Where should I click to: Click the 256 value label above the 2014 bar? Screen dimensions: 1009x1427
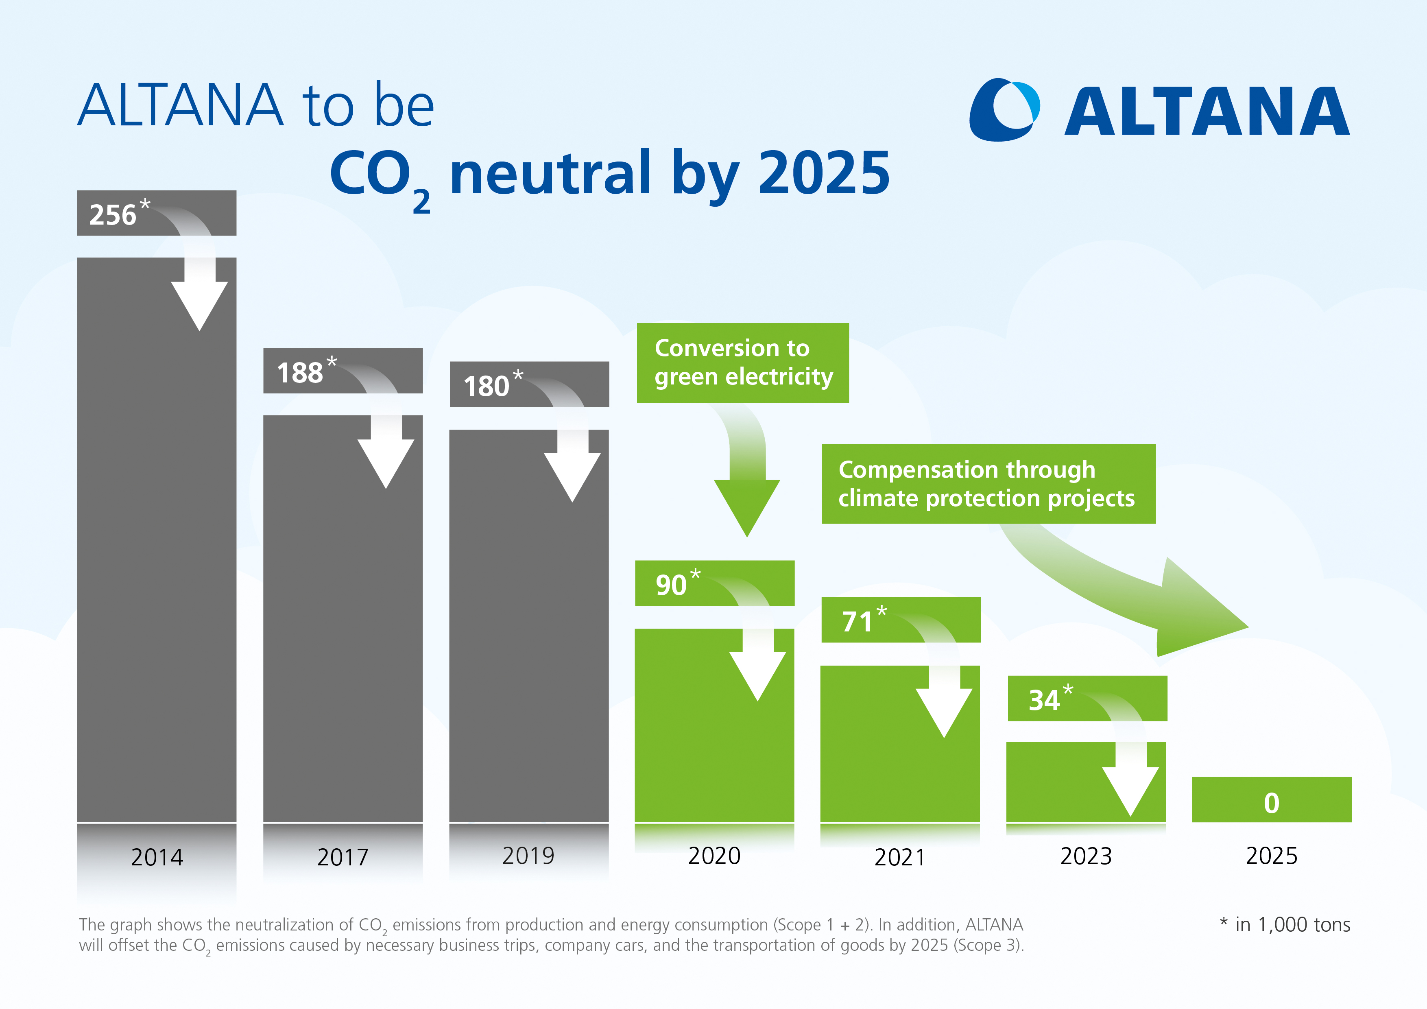[113, 214]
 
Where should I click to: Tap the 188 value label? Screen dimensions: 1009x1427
[300, 372]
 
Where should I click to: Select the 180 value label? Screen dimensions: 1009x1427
[487, 386]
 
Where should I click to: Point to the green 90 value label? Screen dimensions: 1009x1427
[671, 584]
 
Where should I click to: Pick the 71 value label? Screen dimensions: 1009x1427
[858, 621]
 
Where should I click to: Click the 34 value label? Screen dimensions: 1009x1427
[1044, 700]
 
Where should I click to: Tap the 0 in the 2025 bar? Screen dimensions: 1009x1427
[1272, 803]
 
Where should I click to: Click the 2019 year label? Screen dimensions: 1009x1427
[528, 856]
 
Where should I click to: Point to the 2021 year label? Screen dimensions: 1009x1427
[899, 857]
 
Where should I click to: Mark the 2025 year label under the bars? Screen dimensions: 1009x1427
[1272, 856]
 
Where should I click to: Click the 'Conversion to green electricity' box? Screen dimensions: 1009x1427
[743, 363]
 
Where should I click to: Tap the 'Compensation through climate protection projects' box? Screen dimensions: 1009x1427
[988, 484]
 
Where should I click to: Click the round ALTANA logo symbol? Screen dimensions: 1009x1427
[1004, 109]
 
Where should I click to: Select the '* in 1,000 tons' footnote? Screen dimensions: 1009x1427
[1285, 924]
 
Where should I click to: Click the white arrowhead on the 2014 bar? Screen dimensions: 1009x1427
[199, 305]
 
